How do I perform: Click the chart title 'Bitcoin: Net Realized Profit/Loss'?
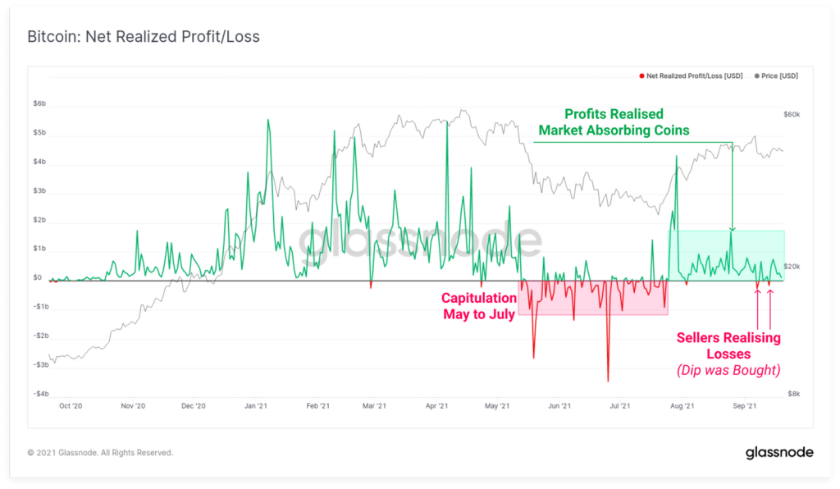pyautogui.click(x=144, y=38)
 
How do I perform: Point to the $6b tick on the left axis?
pyautogui.click(x=39, y=104)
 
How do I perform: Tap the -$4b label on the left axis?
pyautogui.click(x=40, y=394)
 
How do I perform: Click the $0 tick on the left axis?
pyautogui.click(x=37, y=278)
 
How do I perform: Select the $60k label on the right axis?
pyautogui.click(x=792, y=114)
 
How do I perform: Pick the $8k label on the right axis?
pyautogui.click(x=793, y=394)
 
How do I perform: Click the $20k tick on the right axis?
pyautogui.click(x=792, y=267)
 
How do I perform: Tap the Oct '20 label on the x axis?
pyautogui.click(x=71, y=406)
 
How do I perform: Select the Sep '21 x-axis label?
pyautogui.click(x=744, y=406)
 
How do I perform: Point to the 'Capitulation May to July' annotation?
pyautogui.click(x=479, y=306)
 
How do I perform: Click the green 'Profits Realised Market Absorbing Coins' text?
pyautogui.click(x=613, y=122)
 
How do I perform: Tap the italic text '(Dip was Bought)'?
pyautogui.click(x=728, y=370)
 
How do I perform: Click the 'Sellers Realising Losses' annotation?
pyautogui.click(x=728, y=345)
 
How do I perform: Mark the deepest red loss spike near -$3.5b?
pyautogui.click(x=608, y=379)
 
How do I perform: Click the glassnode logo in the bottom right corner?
pyautogui.click(x=778, y=453)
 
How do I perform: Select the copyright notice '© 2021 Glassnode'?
pyautogui.click(x=100, y=453)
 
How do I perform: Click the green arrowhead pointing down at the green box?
pyautogui.click(x=733, y=228)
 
